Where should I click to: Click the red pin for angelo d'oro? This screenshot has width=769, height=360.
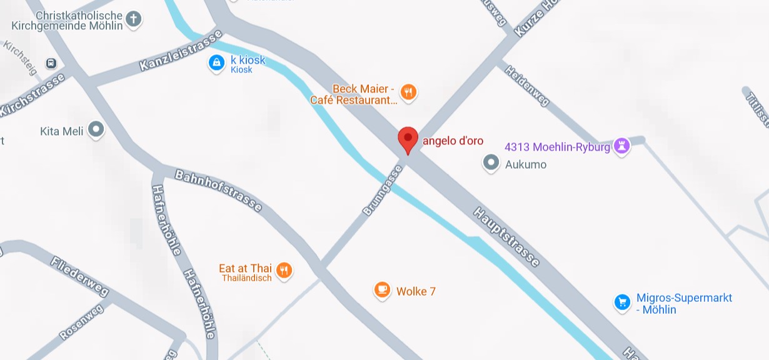point(408,139)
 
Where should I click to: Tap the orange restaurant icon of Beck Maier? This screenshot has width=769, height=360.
point(408,92)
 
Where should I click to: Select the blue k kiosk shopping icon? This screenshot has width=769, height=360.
point(216,62)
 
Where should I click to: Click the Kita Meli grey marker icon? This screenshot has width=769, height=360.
point(96,130)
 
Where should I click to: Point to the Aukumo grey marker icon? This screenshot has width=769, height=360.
point(491,164)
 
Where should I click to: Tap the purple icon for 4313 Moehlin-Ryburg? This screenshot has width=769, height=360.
point(621,146)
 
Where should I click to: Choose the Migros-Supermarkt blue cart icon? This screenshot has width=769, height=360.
point(621,303)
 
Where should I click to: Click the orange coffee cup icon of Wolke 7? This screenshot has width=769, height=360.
point(382,290)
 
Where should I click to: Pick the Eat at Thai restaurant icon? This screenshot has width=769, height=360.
point(284,270)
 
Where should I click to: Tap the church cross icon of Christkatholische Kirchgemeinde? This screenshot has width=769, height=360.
point(133,19)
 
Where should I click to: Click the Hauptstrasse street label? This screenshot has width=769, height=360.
point(506,237)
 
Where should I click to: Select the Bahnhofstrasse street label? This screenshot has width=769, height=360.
point(218,190)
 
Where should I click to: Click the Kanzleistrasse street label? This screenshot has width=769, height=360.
point(181,51)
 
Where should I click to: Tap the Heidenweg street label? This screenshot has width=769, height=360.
point(527,86)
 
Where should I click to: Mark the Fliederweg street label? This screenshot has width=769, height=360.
point(79,276)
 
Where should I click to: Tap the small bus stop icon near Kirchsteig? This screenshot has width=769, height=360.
point(51,63)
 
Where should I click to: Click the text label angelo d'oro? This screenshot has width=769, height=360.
point(453,141)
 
